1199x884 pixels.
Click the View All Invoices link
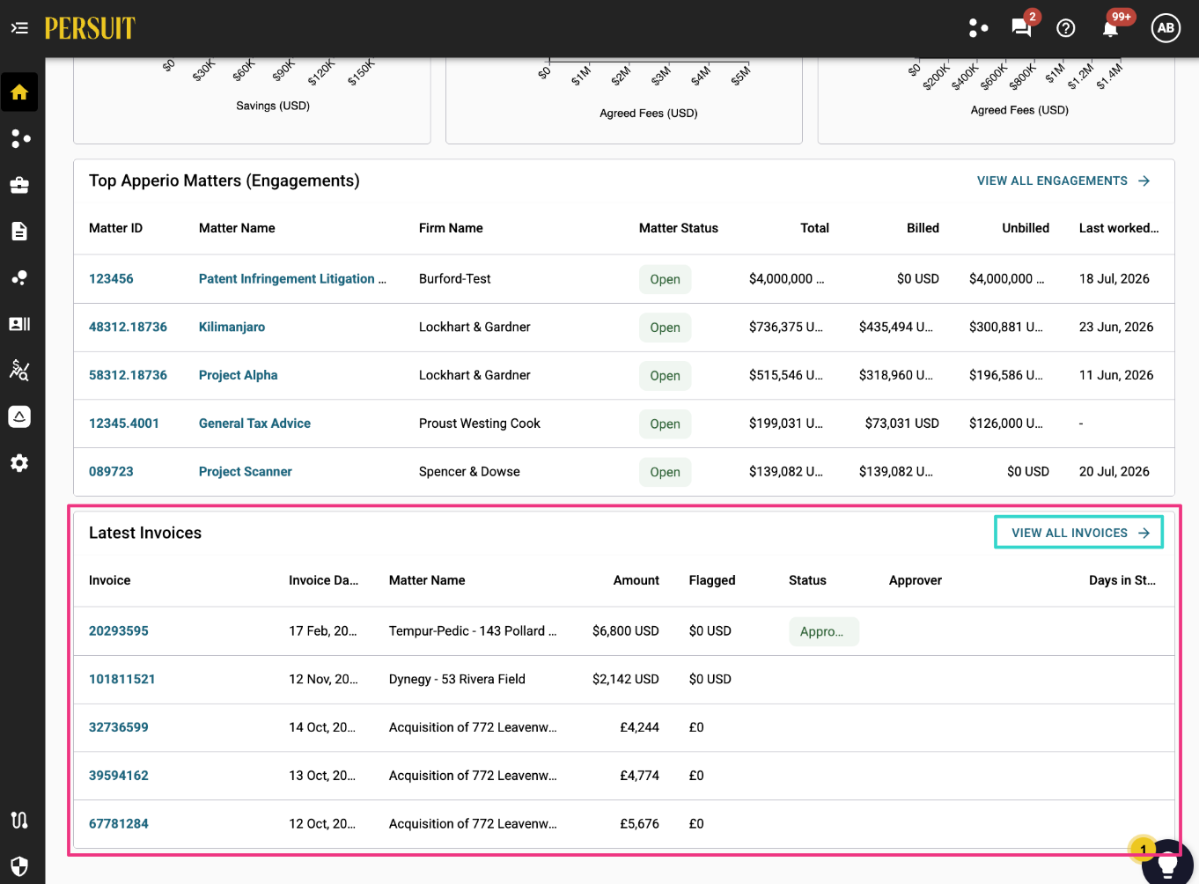click(x=1079, y=533)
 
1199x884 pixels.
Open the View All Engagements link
click(x=1063, y=181)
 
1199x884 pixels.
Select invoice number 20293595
click(x=118, y=630)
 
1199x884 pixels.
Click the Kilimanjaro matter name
click(x=232, y=328)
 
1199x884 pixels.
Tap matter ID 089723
click(x=111, y=472)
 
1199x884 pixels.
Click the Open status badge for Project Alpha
click(x=665, y=376)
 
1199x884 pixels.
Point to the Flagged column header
click(x=712, y=580)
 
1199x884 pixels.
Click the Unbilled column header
click(x=1025, y=228)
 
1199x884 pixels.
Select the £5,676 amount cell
click(x=639, y=823)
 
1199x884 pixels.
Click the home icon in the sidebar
click(x=19, y=92)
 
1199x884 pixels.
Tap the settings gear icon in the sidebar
click(x=19, y=463)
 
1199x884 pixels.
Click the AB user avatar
click(x=1166, y=28)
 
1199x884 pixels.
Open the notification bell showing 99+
click(x=1111, y=28)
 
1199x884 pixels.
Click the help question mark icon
click(x=1066, y=28)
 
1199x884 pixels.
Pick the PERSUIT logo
click(x=90, y=28)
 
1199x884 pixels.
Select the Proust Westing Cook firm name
click(x=480, y=424)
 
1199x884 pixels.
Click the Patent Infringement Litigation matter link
click(x=292, y=279)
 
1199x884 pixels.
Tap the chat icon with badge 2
click(x=1022, y=26)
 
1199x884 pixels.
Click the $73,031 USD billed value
click(x=902, y=424)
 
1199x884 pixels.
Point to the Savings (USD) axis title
click(x=273, y=106)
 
